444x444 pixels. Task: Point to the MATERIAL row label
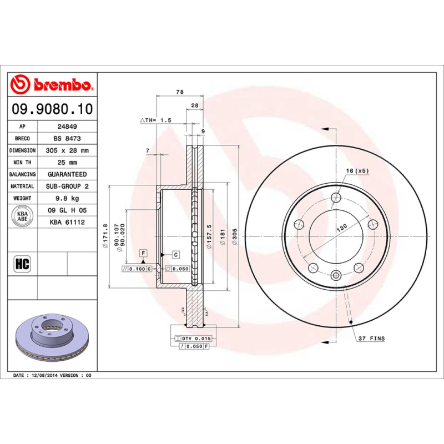23,186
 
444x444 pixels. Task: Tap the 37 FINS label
371,338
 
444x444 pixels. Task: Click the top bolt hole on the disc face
336,198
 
